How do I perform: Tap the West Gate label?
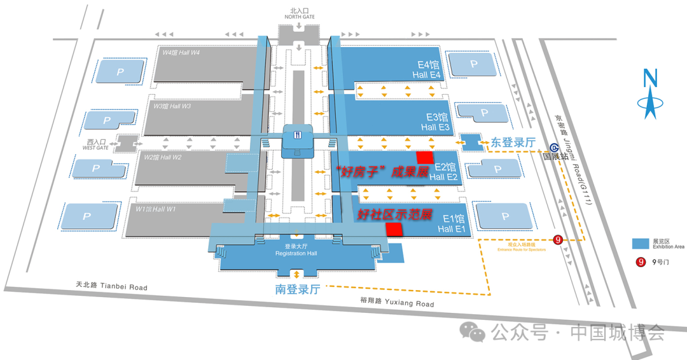point(95,145)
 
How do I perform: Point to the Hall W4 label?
point(181,53)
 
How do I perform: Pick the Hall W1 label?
point(156,209)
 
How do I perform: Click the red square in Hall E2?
point(424,157)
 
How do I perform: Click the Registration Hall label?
point(296,250)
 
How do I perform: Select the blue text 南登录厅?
point(297,290)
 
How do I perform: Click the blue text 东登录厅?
point(513,143)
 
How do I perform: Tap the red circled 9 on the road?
point(558,240)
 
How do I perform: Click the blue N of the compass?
point(649,78)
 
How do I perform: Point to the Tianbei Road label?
point(111,287)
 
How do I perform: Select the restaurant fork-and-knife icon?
point(297,134)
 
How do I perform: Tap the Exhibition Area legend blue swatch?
point(640,244)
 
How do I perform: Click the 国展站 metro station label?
point(555,155)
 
